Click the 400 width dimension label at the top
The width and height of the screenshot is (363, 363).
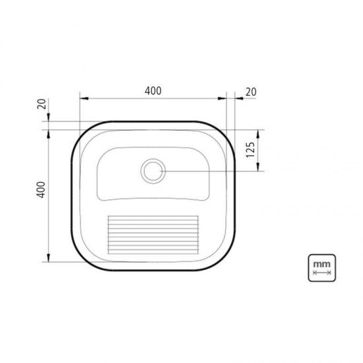(152, 91)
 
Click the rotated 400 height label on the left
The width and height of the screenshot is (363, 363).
(41, 191)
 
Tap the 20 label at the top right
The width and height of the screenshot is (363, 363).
(251, 92)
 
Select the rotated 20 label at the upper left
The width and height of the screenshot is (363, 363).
(42, 104)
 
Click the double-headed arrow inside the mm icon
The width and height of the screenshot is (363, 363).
(321, 272)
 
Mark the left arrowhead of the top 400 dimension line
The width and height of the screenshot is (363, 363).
(83, 99)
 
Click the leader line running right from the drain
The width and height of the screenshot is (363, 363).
(211, 171)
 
